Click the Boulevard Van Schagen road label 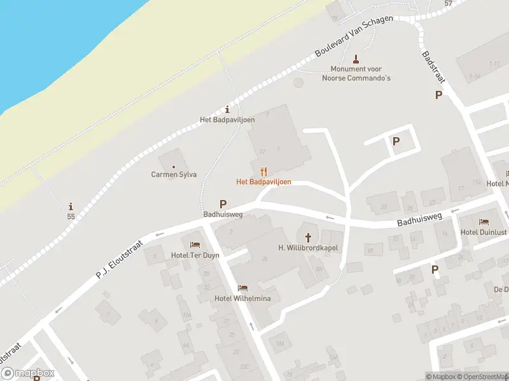[354, 38]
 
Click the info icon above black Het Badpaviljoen [228, 109]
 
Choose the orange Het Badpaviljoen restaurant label [263, 182]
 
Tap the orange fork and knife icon [263, 171]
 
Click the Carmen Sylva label [174, 175]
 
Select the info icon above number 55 [71, 206]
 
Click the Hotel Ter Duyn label [195, 255]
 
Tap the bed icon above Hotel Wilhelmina [242, 288]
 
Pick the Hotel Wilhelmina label [242, 299]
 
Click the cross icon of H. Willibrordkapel [309, 237]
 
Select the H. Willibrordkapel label [309, 248]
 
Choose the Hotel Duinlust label [483, 232]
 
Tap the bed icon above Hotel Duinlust [484, 222]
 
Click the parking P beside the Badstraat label [438, 95]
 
